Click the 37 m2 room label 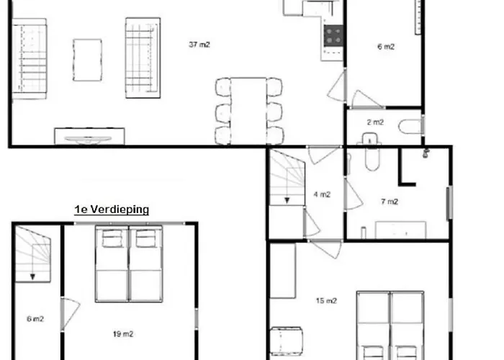pos(199,45)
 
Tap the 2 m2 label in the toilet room pos(375,122)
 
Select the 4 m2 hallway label pos(322,194)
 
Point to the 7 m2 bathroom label pos(390,202)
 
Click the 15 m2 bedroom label pos(326,300)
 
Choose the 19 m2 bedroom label pos(123,334)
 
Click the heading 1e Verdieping pos(112,210)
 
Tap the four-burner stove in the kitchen pos(333,36)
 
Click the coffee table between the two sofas pos(87,60)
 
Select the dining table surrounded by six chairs pos(248,111)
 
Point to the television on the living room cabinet pos(88,139)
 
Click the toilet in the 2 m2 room pos(410,126)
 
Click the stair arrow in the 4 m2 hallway pos(287,200)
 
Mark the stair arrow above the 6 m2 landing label pos(32,276)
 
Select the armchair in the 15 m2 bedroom pos(286,341)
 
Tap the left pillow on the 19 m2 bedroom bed pos(112,238)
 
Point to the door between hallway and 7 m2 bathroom pos(354,194)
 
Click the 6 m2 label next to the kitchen pos(386,47)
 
